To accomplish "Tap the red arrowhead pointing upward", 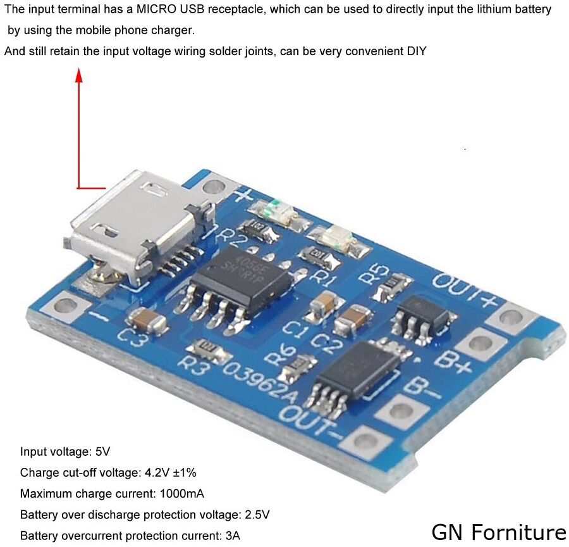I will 79,77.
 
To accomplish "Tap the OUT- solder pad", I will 365,439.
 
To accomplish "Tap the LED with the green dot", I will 274,209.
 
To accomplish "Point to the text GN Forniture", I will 499,531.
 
